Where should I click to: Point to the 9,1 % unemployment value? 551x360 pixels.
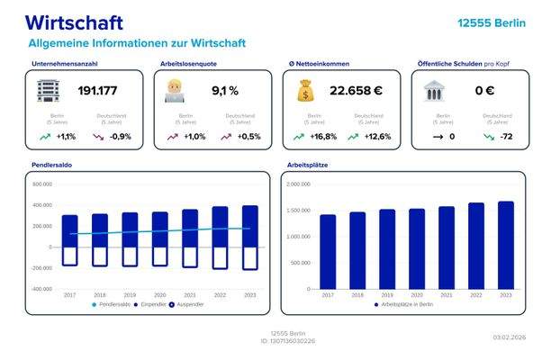[x=224, y=91]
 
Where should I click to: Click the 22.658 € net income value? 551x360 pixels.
[x=357, y=91]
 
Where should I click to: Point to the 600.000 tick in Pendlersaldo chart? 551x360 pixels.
[x=42, y=184]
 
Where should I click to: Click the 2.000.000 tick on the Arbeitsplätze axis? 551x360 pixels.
[x=298, y=184]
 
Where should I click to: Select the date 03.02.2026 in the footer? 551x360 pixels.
[x=509, y=337]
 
